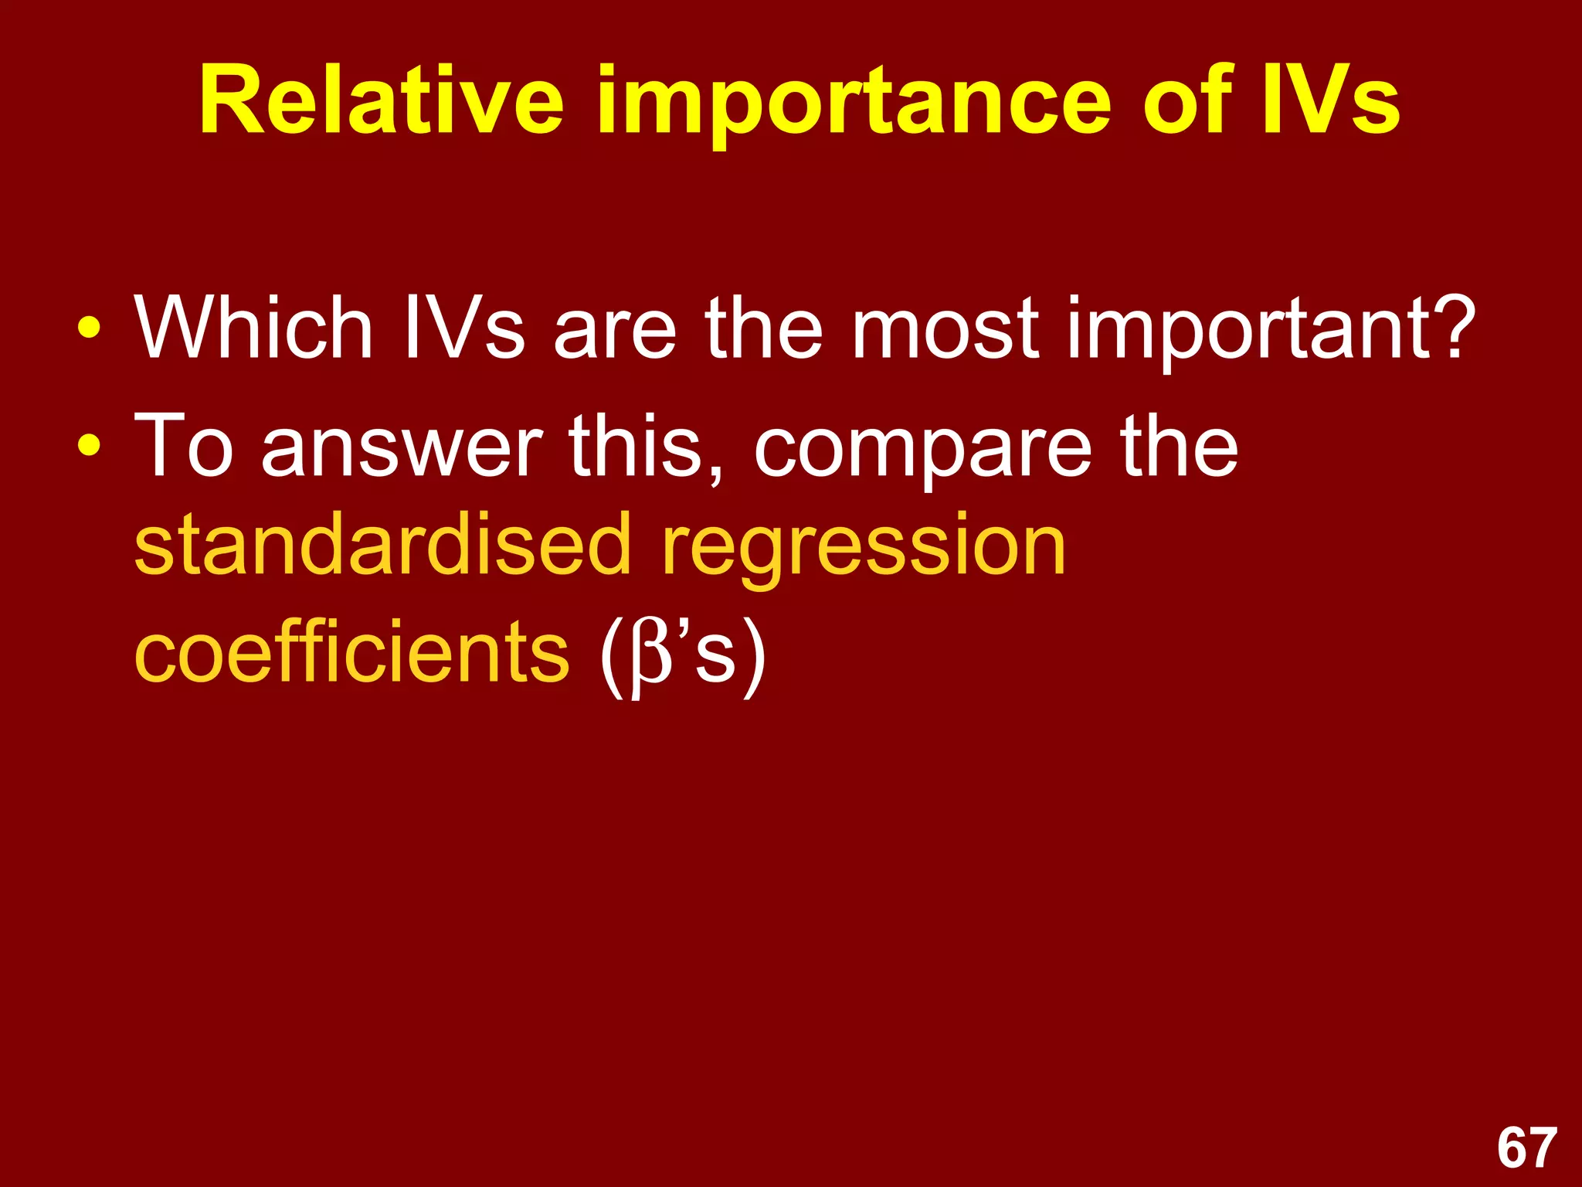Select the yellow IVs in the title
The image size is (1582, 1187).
click(x=1329, y=100)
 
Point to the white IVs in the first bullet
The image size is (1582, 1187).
click(x=463, y=328)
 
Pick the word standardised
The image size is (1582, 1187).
click(x=382, y=545)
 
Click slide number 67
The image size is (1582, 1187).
click(x=1526, y=1148)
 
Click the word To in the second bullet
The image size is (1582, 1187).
click(x=184, y=446)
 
